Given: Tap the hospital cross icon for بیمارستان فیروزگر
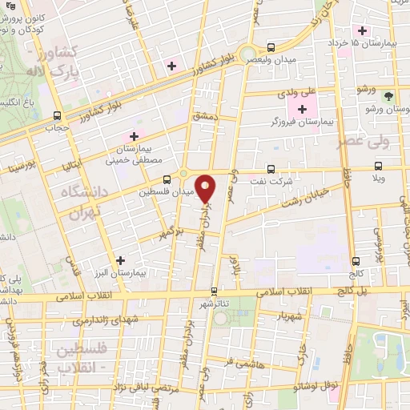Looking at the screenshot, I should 302,110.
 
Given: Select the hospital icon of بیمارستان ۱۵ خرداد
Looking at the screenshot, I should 363,31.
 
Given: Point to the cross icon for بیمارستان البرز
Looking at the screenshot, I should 120,259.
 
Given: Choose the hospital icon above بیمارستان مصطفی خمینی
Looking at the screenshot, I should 135,136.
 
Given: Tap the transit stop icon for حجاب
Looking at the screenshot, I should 56,115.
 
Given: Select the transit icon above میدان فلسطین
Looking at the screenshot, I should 167,179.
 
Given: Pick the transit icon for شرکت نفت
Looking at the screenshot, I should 271,168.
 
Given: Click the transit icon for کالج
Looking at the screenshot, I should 356,261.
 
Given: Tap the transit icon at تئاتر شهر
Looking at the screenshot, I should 214,291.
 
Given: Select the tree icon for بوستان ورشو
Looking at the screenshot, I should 388,95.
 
